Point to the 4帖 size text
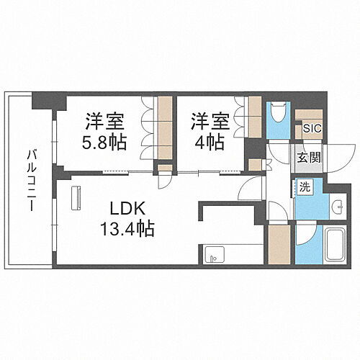click(207, 141)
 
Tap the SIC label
click(312, 128)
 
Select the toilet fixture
click(276, 113)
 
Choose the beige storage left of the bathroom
click(278, 246)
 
